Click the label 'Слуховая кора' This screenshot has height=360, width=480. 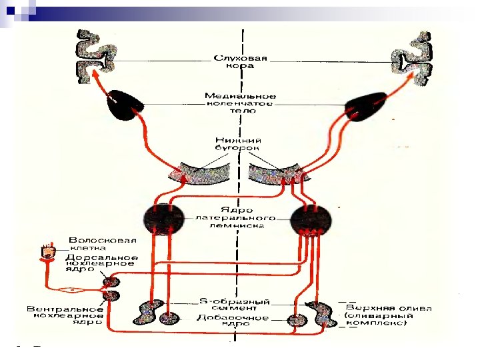click(x=241, y=62)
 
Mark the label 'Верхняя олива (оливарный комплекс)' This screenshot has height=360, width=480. click(x=388, y=315)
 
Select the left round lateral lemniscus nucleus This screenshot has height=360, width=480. click(x=163, y=219)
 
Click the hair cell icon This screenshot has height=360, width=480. click(x=48, y=252)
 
